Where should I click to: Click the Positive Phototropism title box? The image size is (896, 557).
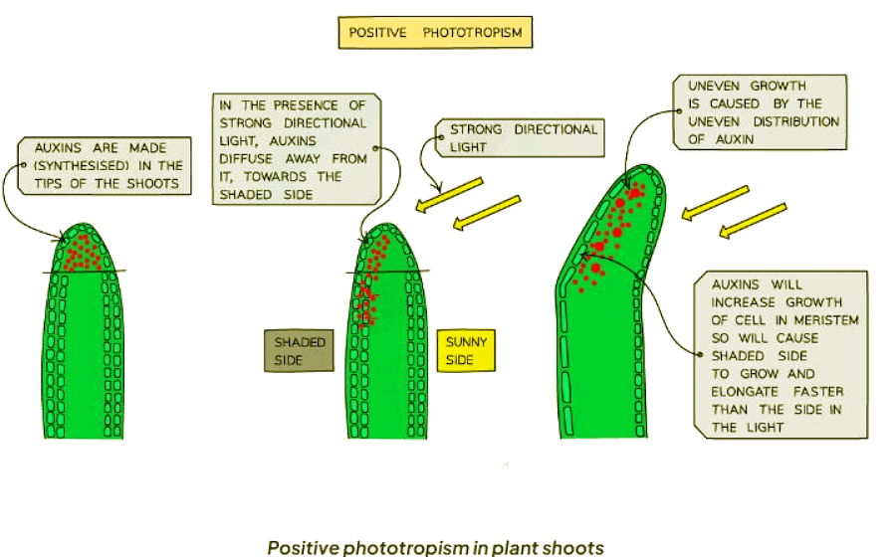(x=435, y=34)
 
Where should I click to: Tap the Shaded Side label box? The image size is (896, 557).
(x=300, y=350)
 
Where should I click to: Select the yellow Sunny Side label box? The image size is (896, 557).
(x=467, y=350)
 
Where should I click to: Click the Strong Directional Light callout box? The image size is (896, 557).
(x=522, y=138)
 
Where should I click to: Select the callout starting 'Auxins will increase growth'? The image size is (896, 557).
(x=783, y=355)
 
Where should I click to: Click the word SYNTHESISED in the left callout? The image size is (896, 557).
(x=91, y=165)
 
